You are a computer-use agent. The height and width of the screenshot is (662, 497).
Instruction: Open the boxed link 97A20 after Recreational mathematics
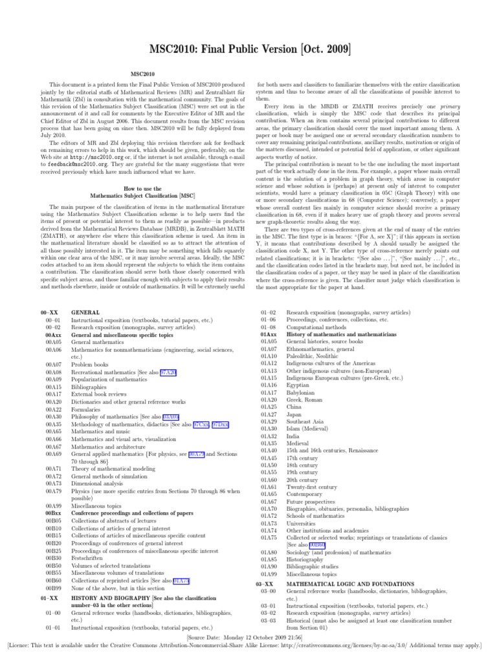[168, 372]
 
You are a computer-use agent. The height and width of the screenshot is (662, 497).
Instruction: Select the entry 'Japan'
[295, 414]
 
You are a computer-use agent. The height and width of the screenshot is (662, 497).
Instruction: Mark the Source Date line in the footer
[248, 637]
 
